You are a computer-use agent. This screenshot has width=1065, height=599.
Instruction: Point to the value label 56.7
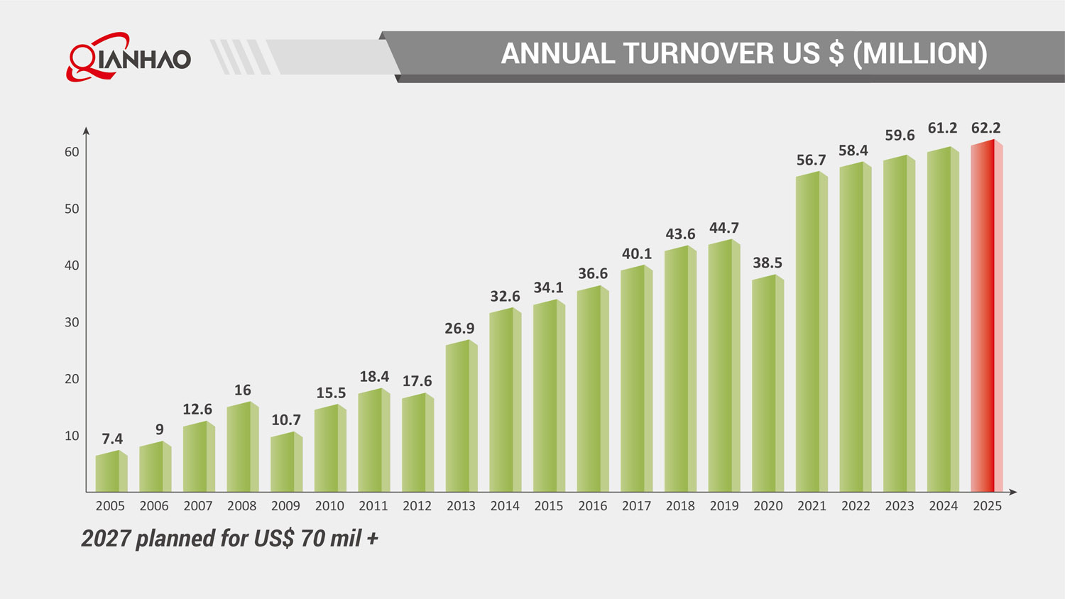tap(811, 160)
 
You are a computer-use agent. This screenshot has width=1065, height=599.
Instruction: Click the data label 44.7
tap(724, 228)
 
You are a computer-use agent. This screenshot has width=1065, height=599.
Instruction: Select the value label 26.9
tap(459, 329)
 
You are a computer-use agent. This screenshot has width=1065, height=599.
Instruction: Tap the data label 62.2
tap(985, 128)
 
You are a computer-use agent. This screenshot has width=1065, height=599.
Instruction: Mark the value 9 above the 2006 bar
tap(160, 429)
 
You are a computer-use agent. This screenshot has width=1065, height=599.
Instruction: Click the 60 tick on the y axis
tap(72, 152)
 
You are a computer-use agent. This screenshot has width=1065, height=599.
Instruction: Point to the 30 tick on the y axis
tap(72, 322)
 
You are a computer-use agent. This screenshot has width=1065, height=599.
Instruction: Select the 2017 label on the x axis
tap(636, 506)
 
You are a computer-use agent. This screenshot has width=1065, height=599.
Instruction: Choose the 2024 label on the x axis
tap(943, 506)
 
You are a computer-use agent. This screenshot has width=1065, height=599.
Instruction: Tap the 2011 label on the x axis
tap(373, 506)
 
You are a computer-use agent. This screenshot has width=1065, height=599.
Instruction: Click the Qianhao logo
tap(129, 57)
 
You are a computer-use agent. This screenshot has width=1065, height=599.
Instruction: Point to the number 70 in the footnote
tap(312, 539)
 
